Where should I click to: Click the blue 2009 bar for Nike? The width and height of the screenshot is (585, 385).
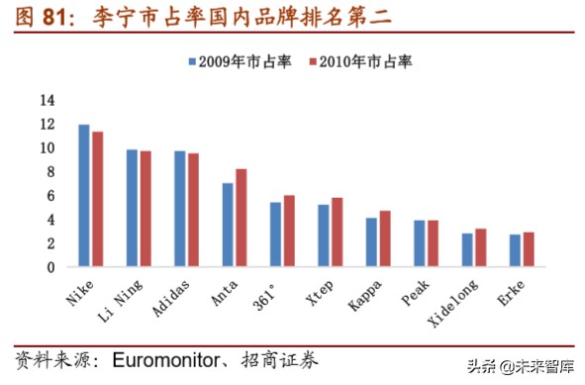coord(84,196)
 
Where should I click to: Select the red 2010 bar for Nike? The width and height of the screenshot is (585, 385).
coord(97,199)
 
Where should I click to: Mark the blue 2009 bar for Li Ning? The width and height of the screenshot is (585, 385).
coord(132,208)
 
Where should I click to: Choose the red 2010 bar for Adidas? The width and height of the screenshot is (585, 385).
coord(193,210)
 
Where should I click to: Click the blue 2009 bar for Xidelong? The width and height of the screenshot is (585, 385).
coord(467,249)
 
